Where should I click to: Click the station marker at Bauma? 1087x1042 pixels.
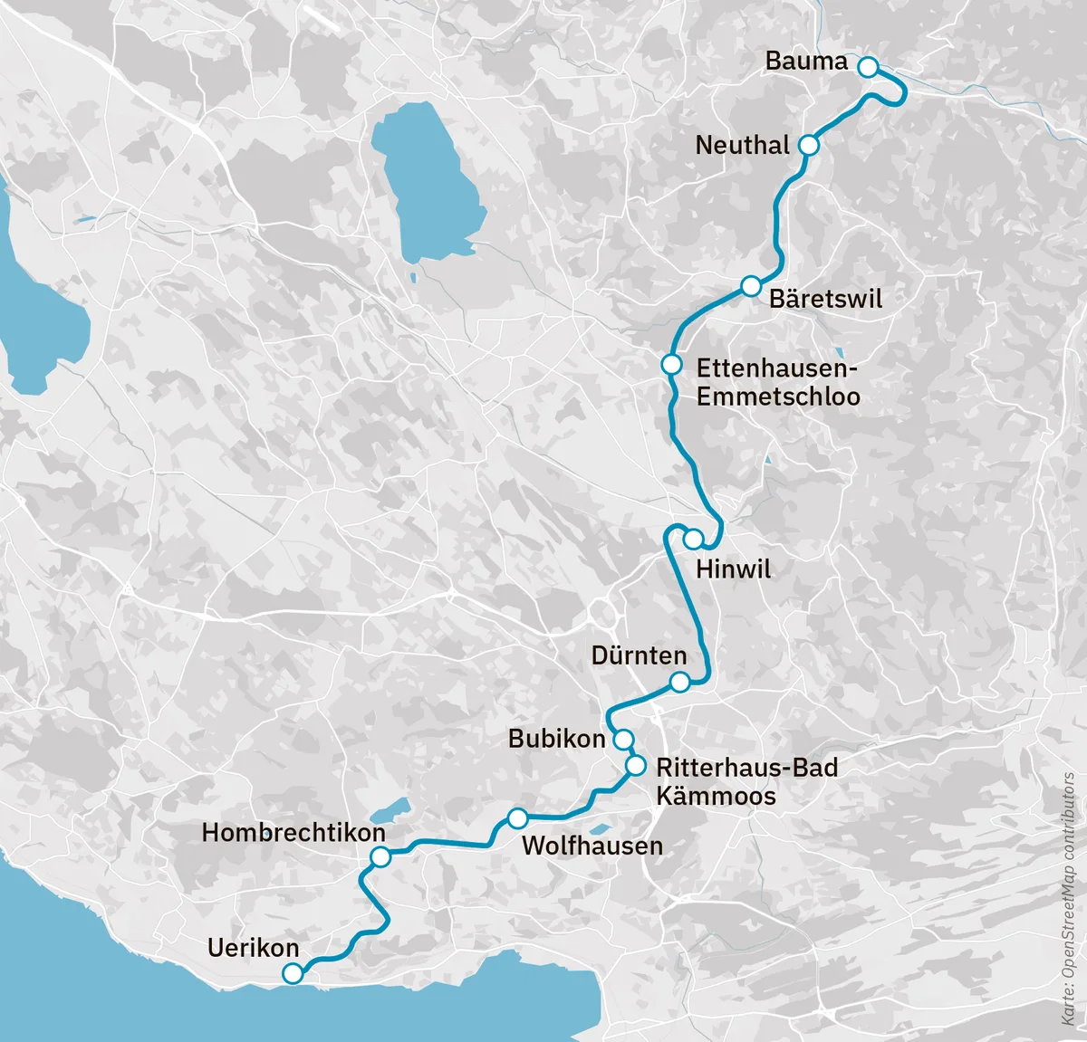coord(867,67)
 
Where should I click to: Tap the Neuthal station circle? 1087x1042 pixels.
coord(809,145)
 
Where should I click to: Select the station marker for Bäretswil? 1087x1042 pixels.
coord(750,286)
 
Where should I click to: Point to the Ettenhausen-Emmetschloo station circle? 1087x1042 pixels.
coord(671,365)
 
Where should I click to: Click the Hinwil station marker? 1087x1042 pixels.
coord(693,540)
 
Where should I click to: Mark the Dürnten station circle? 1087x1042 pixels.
coord(679,682)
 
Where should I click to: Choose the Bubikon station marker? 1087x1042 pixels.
coord(623,740)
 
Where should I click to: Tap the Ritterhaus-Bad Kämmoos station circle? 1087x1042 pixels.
coord(636,767)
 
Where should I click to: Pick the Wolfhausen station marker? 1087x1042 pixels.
coord(517,818)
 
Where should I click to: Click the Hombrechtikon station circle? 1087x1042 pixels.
coord(380,856)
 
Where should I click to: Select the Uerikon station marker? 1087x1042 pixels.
coord(293,974)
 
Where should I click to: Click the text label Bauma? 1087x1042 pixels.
coord(806,62)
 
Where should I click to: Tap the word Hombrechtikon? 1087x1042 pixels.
coord(293,833)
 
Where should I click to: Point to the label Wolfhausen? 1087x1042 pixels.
coord(592,846)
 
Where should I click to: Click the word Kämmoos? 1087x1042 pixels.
coord(716,797)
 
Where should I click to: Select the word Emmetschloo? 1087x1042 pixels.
coord(778,397)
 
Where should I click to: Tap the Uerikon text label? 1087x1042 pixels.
coord(253,948)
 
